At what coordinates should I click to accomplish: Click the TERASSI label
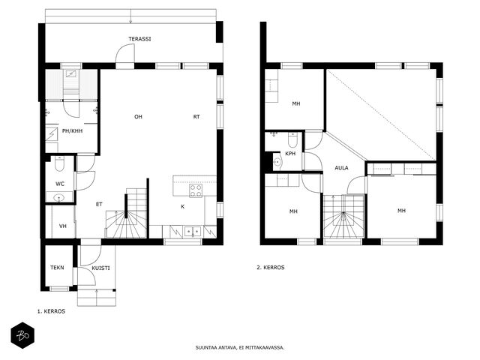(139, 39)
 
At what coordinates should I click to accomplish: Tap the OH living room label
(138, 117)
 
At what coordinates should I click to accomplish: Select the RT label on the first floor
(196, 117)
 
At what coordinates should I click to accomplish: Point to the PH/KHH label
(72, 131)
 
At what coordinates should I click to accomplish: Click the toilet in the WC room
(59, 163)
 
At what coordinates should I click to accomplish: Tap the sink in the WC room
(58, 198)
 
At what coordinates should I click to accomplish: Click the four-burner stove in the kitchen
(196, 190)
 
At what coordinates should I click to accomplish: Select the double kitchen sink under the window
(192, 232)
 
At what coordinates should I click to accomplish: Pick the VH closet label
(63, 226)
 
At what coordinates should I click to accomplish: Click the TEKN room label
(57, 268)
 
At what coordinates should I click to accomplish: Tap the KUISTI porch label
(100, 268)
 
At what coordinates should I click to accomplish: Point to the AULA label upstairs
(341, 168)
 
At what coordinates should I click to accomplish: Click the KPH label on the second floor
(290, 153)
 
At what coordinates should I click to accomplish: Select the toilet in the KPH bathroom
(292, 140)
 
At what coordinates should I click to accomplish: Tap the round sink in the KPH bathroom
(277, 162)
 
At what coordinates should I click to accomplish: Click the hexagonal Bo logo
(22, 335)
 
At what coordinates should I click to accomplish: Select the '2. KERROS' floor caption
(270, 267)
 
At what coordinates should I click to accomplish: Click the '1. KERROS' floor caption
(51, 311)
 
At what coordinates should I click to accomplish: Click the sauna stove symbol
(72, 73)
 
